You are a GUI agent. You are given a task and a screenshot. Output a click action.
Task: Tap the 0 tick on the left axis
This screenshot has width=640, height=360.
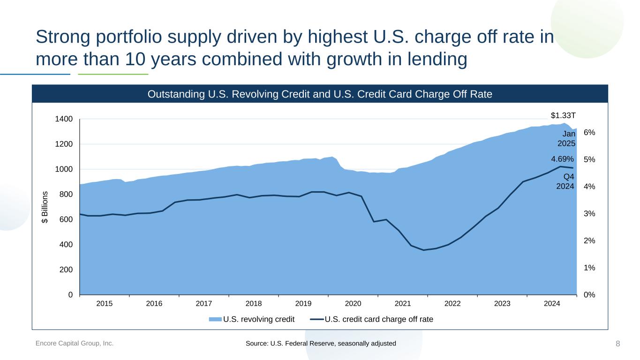click(x=70, y=295)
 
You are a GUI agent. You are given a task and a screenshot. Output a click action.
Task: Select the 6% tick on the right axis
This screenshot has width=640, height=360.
click(x=589, y=133)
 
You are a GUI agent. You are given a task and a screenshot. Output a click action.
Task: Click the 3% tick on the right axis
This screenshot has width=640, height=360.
click(x=589, y=214)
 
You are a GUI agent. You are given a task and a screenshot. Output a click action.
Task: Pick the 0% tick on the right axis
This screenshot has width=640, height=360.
click(x=589, y=295)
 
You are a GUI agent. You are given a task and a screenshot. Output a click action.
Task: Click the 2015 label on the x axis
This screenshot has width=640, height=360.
click(x=104, y=304)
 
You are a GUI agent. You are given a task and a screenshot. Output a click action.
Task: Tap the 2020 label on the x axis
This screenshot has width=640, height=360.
click(x=353, y=304)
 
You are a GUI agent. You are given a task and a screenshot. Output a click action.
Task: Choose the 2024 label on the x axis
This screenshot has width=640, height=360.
click(x=552, y=304)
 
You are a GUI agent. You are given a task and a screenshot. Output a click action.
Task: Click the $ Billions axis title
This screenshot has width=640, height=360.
click(x=45, y=207)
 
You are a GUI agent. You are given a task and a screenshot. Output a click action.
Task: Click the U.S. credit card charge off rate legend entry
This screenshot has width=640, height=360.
click(x=378, y=320)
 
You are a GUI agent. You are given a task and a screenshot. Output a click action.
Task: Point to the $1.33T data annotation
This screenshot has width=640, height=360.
click(x=563, y=115)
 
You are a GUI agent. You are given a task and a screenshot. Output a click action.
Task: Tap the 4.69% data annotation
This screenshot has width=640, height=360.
click(x=563, y=159)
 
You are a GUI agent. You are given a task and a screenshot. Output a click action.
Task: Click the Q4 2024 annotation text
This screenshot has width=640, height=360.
click(x=565, y=181)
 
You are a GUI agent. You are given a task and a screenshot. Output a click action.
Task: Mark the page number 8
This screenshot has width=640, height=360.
click(x=617, y=344)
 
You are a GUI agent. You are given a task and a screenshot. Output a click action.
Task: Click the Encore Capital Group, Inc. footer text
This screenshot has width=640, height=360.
click(x=75, y=344)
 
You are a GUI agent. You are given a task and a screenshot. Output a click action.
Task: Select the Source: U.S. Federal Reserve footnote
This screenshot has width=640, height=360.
click(x=321, y=344)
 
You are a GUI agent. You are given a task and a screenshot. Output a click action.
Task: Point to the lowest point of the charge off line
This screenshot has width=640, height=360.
click(x=424, y=250)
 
